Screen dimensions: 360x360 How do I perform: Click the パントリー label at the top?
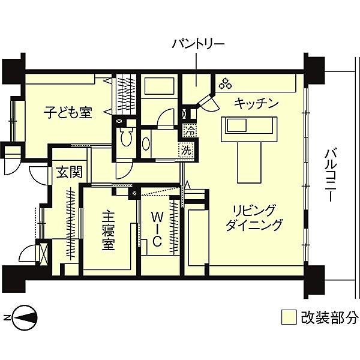click(198, 44)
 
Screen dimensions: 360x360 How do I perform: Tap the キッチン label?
click(256, 103)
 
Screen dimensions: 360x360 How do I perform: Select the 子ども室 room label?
click(68, 112)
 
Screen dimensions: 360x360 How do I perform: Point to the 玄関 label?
click(70, 172)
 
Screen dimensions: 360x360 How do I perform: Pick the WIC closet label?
click(157, 229)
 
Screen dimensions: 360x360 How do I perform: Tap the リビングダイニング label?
click(253, 218)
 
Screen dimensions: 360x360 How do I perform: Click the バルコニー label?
click(331, 175)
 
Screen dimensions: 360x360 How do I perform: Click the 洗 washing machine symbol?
click(187, 150)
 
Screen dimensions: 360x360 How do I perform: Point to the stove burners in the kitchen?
click(226, 83)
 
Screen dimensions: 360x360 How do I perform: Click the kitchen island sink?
click(237, 125)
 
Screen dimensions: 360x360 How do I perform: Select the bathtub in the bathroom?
click(159, 86)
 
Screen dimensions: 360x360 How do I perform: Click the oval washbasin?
click(146, 144)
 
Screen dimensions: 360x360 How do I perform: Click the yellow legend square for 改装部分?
click(289, 317)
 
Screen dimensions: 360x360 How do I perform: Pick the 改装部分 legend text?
click(329, 317)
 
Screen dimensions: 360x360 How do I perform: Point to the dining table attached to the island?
click(250, 162)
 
